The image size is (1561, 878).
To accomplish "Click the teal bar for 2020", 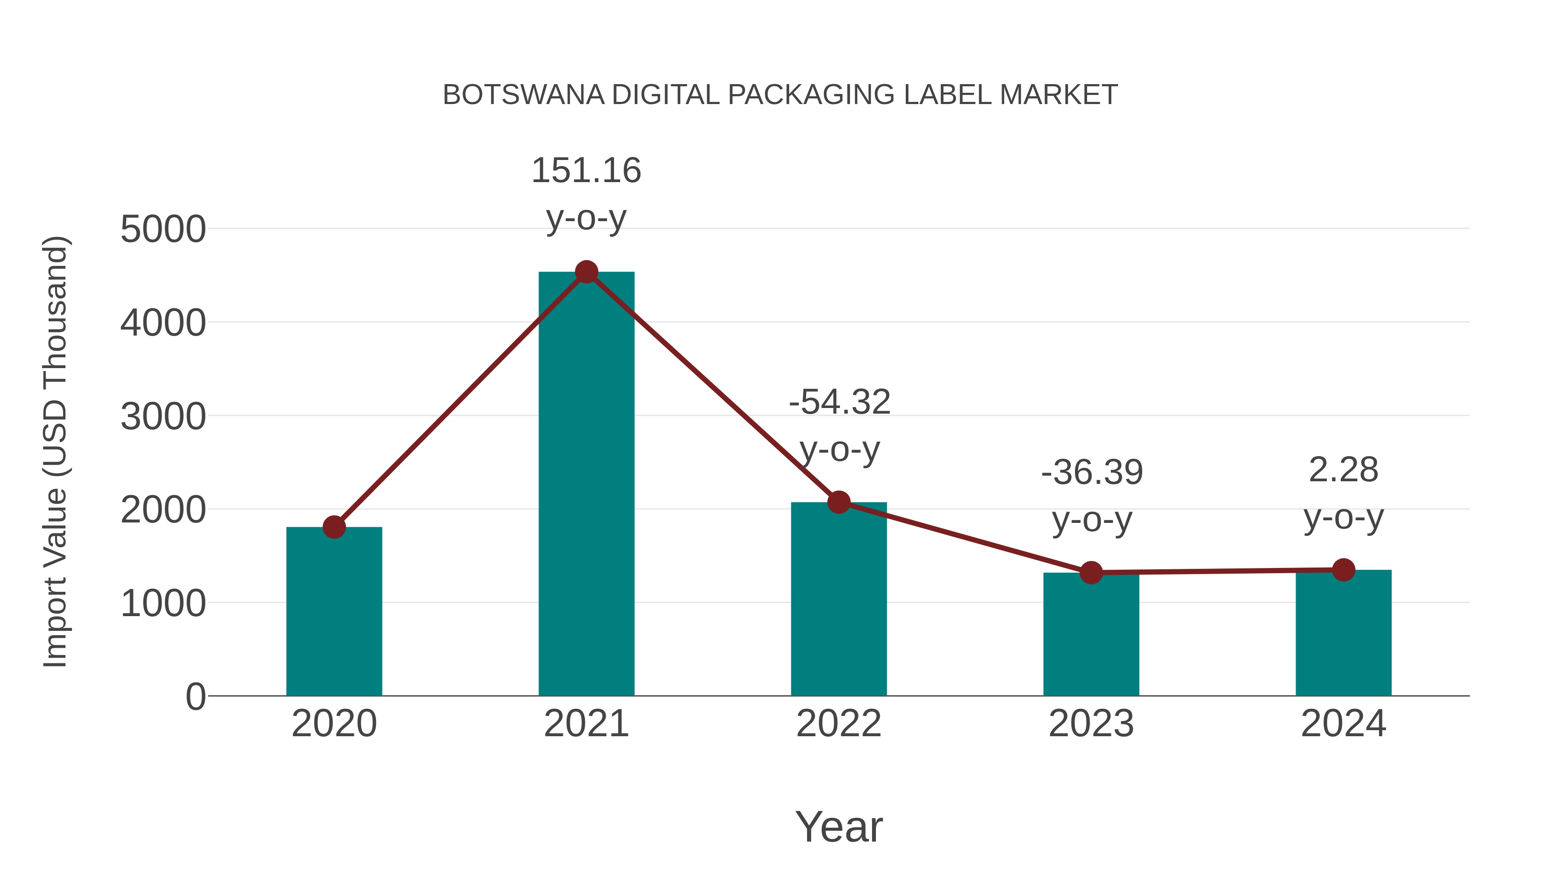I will pos(334,612).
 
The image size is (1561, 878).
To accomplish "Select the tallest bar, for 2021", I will pos(586,485).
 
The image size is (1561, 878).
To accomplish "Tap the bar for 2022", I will pos(839,600).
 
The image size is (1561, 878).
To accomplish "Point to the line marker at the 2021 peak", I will pos(586,272).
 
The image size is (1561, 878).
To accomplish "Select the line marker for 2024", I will pos(1343,570).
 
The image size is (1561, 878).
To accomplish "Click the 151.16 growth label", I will pos(586,170).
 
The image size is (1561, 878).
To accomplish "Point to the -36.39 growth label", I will pos(1091,473).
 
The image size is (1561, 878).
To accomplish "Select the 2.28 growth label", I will pos(1343,470).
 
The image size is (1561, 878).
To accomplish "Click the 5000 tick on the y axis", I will pos(163,230).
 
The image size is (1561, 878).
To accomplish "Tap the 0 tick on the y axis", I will pos(196,697).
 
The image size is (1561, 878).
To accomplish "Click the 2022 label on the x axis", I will pos(839,724).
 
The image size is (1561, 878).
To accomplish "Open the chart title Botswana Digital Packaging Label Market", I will pos(780,95).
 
